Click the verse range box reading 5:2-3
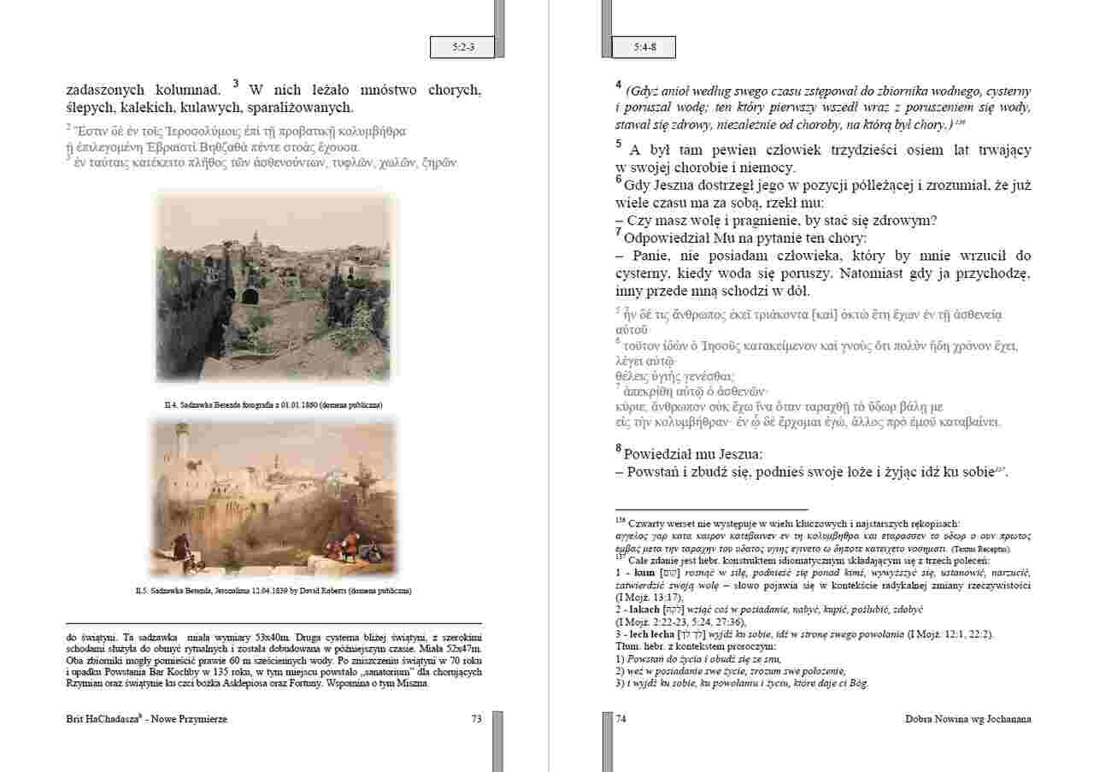pos(462,48)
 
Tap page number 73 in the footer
pos(476,719)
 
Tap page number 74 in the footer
pos(621,719)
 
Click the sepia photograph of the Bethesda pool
pos(275,286)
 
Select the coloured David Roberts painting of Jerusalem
pos(275,496)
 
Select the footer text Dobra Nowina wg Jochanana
pos(968,719)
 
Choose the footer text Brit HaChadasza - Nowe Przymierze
pos(146,720)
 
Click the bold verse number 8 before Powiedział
pos(619,448)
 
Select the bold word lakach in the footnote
pos(645,610)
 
